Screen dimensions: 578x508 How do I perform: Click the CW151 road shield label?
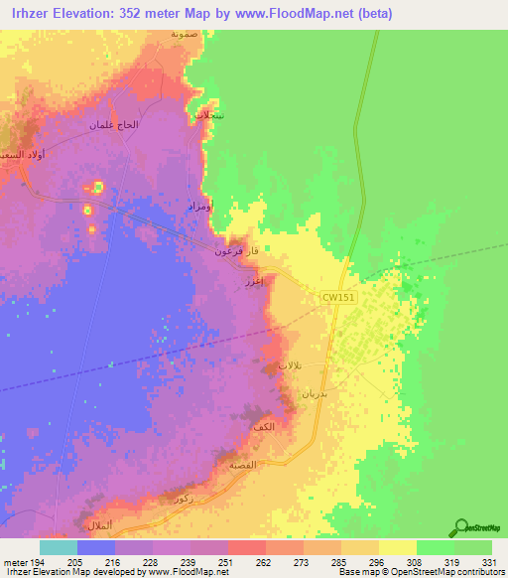pos(337,297)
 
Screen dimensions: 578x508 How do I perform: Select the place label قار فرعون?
pos(238,251)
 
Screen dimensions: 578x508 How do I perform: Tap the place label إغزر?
pos(254,282)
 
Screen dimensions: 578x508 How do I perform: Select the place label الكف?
pos(264,426)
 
